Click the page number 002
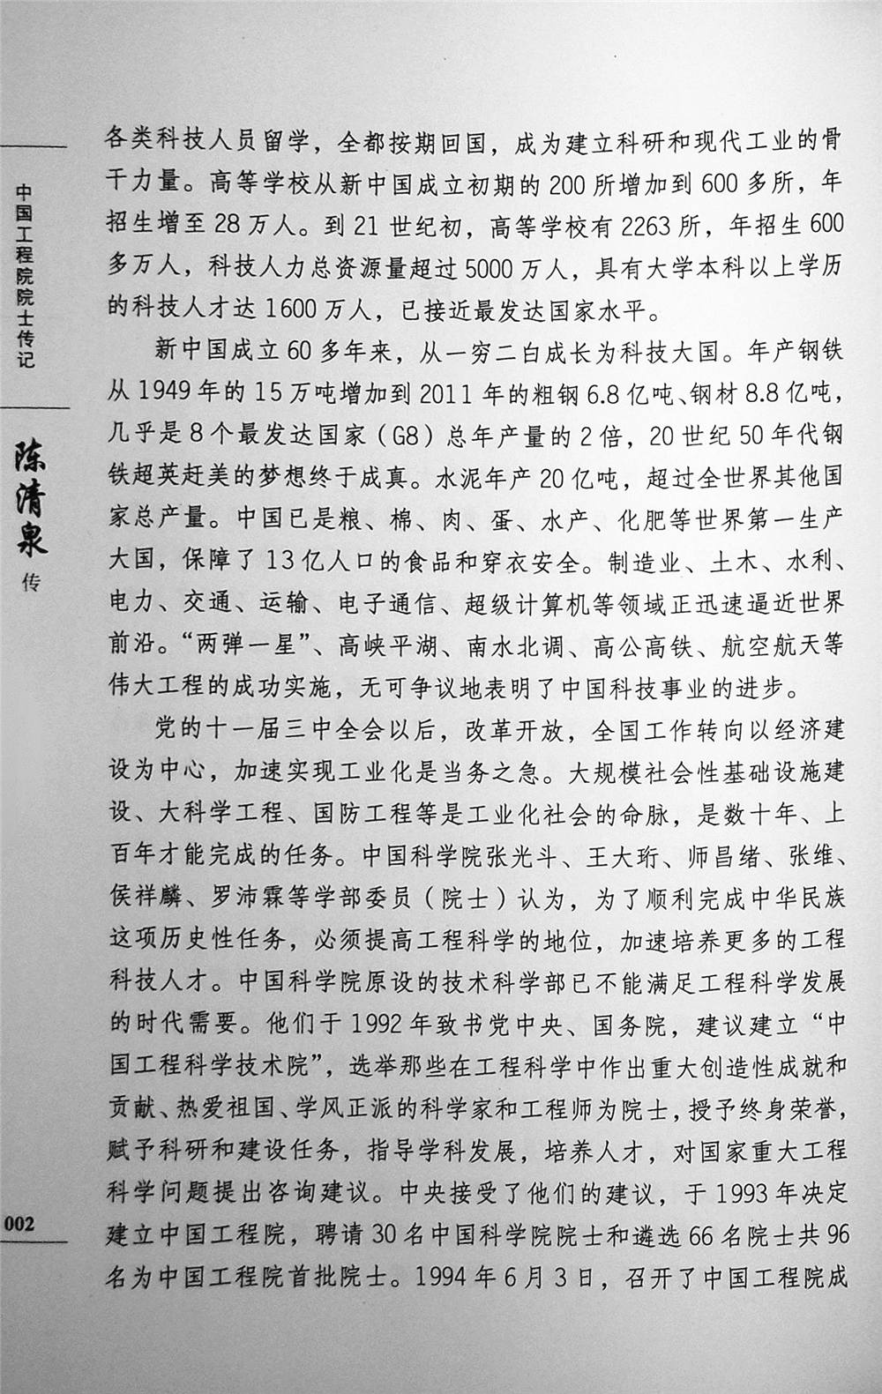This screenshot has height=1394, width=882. click(19, 1223)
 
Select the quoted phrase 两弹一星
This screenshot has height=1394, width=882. click(231, 645)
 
